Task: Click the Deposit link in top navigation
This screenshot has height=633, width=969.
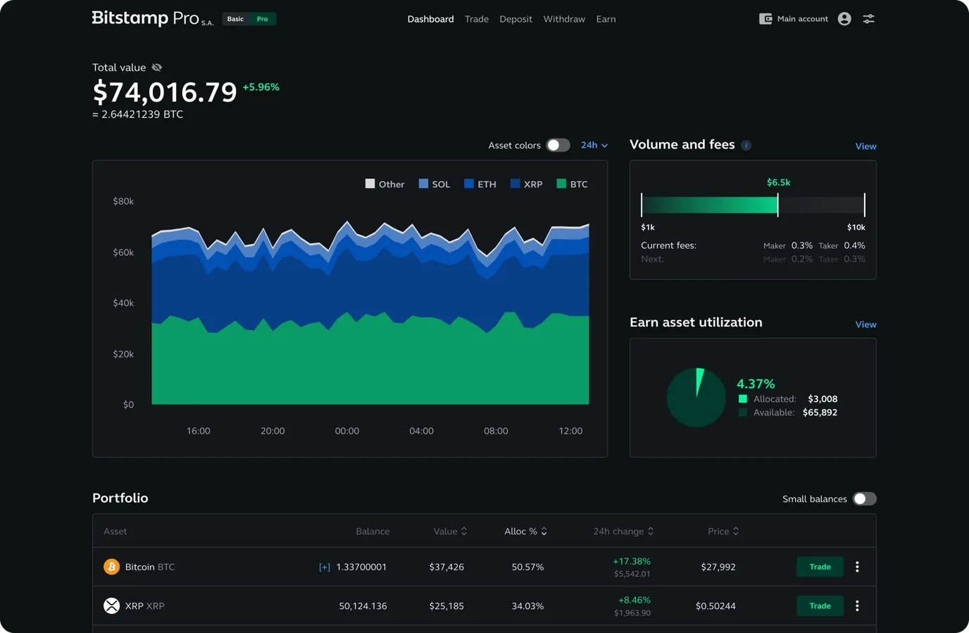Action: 515,19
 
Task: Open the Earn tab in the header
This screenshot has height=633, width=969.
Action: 606,19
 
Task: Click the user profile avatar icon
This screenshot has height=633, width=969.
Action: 844,19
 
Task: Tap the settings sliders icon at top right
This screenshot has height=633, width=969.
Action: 869,19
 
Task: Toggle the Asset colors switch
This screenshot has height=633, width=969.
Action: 558,145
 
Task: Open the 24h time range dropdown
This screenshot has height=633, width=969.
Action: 594,145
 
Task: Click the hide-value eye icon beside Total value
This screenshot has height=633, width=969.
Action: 157,68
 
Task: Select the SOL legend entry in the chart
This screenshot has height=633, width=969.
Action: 434,184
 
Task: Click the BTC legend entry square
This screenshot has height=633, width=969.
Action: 561,184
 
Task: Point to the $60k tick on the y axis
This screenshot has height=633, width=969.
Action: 123,252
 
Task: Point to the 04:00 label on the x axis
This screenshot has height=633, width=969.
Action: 421,431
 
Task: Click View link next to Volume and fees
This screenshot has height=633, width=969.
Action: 865,147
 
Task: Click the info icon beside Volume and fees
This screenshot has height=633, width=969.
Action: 746,146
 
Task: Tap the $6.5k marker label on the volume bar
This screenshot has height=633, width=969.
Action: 778,183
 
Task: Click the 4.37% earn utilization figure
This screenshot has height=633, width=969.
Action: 756,384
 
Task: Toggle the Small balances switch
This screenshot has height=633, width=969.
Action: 864,499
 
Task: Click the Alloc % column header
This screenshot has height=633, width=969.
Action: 525,531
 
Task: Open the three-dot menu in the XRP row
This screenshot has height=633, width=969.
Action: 857,606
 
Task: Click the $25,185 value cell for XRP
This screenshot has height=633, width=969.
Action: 446,606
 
